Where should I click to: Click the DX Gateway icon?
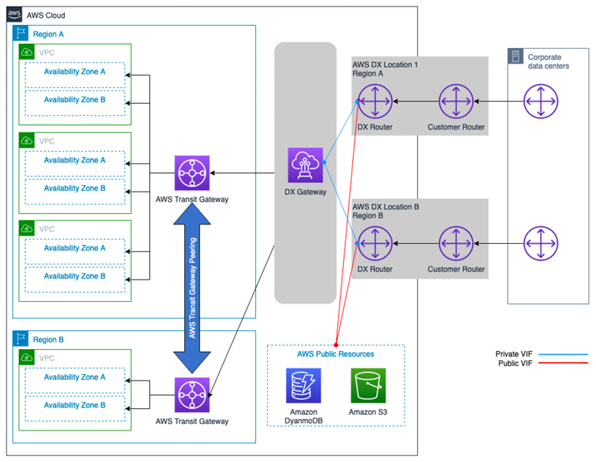tap(305, 164)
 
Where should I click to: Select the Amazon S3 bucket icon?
tap(367, 386)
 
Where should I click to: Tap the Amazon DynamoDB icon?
tap(303, 386)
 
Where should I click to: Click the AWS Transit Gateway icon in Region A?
tap(192, 173)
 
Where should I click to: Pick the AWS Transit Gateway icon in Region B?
tap(192, 394)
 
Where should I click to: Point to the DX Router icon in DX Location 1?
tap(376, 101)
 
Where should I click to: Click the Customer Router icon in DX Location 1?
tap(456, 101)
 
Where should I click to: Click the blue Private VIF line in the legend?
tap(563, 353)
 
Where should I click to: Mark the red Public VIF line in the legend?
tap(563, 363)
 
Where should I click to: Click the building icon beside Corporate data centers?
tap(516, 57)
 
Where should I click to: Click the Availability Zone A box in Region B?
tap(75, 377)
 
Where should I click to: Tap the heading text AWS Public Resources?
tap(335, 354)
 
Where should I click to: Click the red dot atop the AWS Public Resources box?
tap(336, 344)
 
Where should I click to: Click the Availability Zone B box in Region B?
tap(75, 406)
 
